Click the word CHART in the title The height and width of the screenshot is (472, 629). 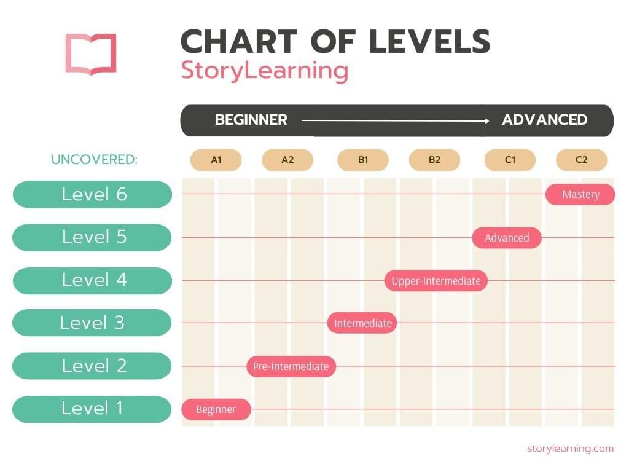239,41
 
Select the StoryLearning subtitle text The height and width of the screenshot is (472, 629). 264,71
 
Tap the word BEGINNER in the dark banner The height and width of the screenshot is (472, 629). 251,120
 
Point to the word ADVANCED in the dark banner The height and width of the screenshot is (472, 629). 545,120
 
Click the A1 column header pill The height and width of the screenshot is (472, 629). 216,160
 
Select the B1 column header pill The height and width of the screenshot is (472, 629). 363,160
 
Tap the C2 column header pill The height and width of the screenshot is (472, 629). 581,160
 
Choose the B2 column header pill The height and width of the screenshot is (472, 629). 434,160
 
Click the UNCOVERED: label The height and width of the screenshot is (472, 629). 94,160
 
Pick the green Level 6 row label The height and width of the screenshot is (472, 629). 92,194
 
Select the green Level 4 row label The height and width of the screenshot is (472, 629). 92,280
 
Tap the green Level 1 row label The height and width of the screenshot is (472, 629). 92,409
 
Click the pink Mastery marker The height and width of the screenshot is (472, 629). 580,195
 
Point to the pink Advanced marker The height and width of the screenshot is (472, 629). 507,238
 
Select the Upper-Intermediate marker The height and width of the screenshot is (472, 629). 436,280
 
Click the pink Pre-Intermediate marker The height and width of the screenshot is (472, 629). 291,366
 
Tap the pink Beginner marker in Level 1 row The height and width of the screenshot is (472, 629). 216,409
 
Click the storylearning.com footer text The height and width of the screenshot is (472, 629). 571,448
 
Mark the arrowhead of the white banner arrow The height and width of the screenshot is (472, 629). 487,121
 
